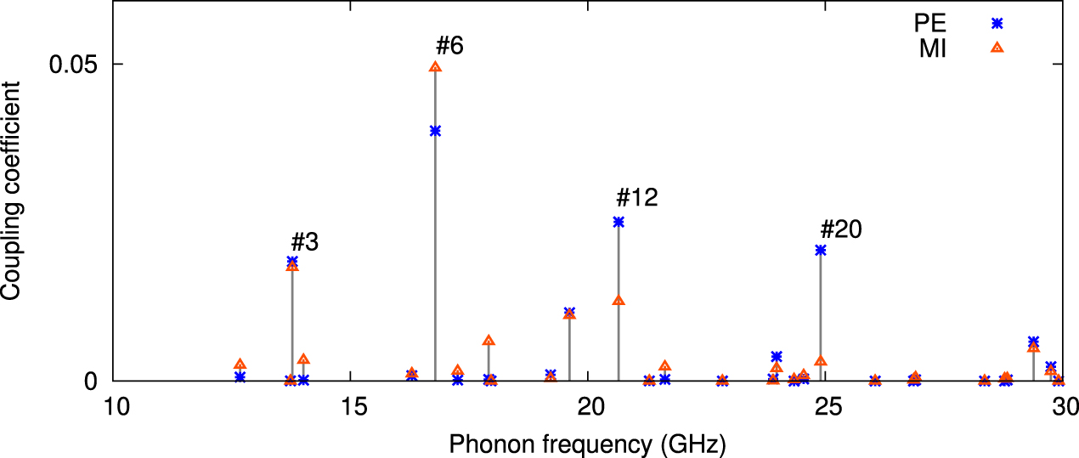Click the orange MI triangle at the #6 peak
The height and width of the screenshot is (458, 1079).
(x=435, y=66)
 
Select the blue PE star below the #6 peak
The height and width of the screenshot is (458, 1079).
(x=435, y=131)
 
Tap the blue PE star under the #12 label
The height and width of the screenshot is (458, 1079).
(x=619, y=222)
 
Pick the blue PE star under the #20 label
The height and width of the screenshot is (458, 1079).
(x=821, y=250)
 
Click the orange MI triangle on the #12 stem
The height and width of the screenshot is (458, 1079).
(x=619, y=301)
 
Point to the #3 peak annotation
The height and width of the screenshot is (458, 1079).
(x=304, y=241)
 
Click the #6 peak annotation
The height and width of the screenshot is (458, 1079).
(x=449, y=46)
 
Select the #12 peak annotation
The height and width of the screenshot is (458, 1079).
(x=637, y=198)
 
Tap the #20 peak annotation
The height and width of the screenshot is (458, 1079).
(x=841, y=229)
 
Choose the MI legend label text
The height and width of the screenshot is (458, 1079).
(x=933, y=49)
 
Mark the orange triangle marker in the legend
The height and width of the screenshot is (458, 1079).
(x=997, y=48)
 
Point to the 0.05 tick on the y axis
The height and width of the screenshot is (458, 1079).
(x=75, y=65)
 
